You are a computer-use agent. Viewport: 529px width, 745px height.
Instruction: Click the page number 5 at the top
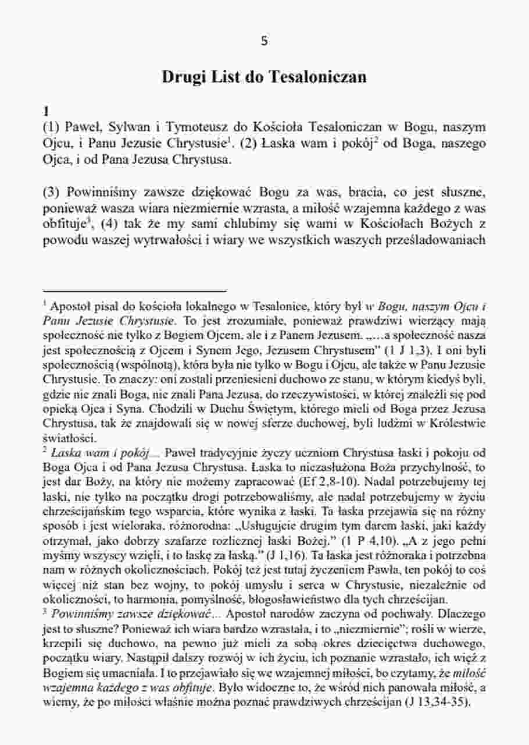click(264, 41)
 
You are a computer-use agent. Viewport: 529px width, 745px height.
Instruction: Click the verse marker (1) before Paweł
click(53, 127)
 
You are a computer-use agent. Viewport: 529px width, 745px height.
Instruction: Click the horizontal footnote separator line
click(134, 290)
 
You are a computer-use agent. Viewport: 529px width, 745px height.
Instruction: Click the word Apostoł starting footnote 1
click(70, 306)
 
